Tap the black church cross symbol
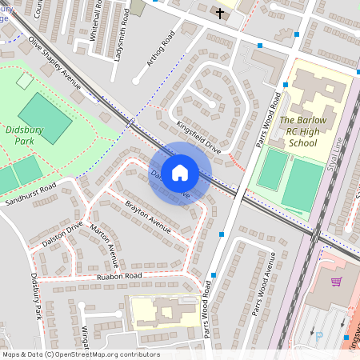tap(220, 14)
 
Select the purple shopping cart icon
tap(336, 282)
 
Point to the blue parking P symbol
tap(319, 337)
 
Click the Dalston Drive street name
tap(64, 229)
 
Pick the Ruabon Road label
tap(119, 276)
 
